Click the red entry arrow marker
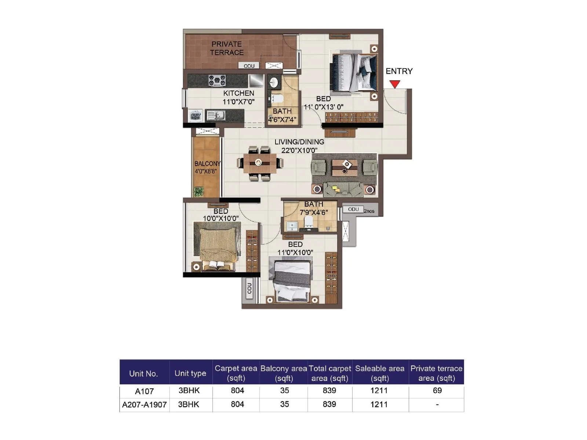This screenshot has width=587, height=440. (394, 84)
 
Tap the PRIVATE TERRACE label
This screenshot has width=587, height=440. (227, 48)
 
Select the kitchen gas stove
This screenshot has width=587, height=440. (217, 80)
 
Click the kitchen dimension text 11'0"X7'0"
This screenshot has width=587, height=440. (238, 102)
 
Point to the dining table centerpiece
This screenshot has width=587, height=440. (258, 162)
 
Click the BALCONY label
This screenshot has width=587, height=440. (207, 164)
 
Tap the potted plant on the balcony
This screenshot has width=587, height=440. (198, 192)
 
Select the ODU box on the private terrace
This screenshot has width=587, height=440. (249, 66)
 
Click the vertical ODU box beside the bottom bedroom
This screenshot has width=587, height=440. (249, 288)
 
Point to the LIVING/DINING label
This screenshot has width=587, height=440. (299, 142)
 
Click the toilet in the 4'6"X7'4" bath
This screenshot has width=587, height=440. (277, 98)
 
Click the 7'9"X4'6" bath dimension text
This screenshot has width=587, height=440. (314, 212)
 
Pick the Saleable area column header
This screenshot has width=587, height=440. (380, 373)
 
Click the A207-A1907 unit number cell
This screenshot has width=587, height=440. (144, 405)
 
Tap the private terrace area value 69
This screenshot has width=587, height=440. (437, 390)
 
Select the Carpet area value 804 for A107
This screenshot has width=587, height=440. (237, 390)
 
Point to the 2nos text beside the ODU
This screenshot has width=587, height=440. (369, 211)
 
